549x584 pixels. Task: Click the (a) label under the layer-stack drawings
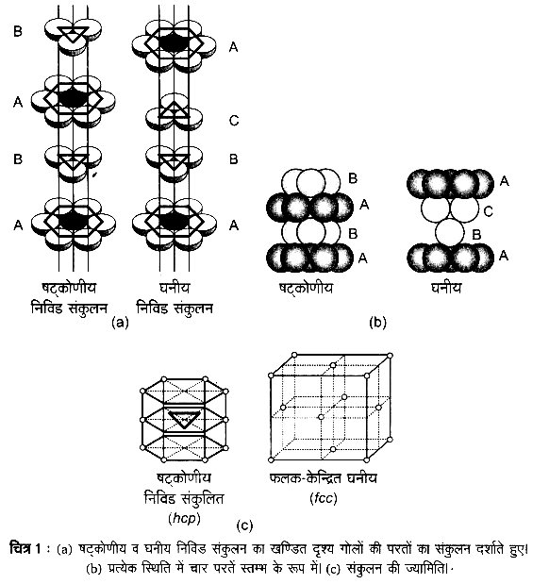(120, 323)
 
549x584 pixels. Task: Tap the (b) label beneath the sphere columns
(377, 323)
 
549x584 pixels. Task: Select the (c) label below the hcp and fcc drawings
(244, 526)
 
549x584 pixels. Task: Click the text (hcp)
(184, 518)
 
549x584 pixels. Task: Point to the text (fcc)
(324, 498)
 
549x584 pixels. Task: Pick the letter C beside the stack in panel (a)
(234, 121)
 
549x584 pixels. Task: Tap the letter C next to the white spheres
(489, 211)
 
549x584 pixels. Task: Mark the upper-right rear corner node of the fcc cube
(390, 356)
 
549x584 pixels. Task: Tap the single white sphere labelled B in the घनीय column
(450, 233)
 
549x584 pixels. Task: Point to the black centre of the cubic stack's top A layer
(174, 44)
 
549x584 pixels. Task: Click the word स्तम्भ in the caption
(257, 569)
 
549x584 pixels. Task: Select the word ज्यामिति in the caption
(425, 569)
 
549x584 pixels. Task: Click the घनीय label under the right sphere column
(446, 288)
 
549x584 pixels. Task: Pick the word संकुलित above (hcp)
(203, 498)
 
